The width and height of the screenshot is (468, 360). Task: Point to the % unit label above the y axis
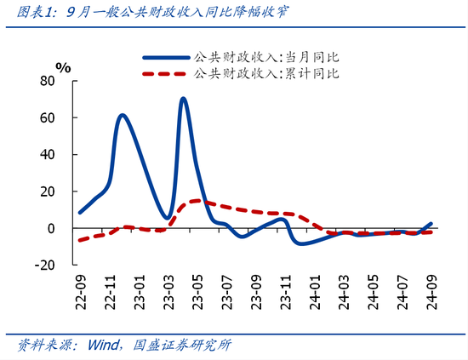(63, 66)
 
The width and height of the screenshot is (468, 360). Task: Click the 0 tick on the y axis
(52, 228)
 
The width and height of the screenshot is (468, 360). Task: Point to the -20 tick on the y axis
(44, 265)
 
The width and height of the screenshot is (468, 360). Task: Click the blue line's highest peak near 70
(184, 99)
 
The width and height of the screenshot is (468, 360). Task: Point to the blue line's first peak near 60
(123, 115)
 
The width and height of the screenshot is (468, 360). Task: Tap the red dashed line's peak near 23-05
(197, 201)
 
